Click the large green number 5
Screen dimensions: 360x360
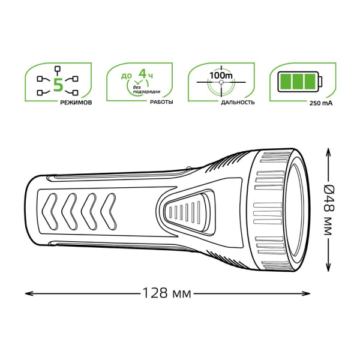pyautogui.click(x=58, y=84)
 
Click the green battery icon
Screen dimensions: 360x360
pyautogui.click(x=296, y=81)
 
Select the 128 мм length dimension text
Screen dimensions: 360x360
pyautogui.click(x=166, y=293)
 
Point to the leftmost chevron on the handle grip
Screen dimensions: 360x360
pyautogui.click(x=53, y=211)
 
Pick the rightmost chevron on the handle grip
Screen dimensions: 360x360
pyautogui.click(x=110, y=211)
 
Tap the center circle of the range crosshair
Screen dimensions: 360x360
pyautogui.click(x=221, y=83)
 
